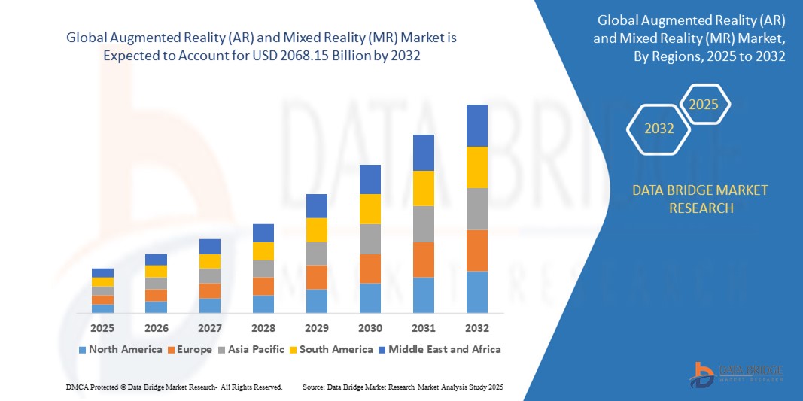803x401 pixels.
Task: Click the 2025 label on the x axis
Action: pyautogui.click(x=102, y=329)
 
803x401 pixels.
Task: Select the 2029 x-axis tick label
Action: pyautogui.click(x=317, y=329)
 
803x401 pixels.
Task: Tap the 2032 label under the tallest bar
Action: pyautogui.click(x=477, y=329)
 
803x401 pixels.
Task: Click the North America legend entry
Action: pyautogui.click(x=120, y=349)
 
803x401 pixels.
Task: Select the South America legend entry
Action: pyautogui.click(x=331, y=349)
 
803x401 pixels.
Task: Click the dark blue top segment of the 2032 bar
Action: pyautogui.click(x=477, y=125)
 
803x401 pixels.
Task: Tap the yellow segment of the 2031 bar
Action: pyautogui.click(x=424, y=188)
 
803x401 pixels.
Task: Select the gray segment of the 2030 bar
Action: pyautogui.click(x=370, y=238)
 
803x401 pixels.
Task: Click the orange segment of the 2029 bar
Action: pyautogui.click(x=317, y=277)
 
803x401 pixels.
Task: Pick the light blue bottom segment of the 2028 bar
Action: pyautogui.click(x=263, y=304)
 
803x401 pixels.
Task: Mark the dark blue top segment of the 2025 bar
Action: pyautogui.click(x=102, y=272)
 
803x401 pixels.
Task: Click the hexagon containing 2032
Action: pyautogui.click(x=659, y=129)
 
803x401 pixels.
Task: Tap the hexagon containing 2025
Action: pyautogui.click(x=704, y=105)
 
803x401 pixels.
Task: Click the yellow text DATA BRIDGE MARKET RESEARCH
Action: pyautogui.click(x=701, y=199)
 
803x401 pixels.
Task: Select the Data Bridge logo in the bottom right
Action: pyautogui.click(x=737, y=373)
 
